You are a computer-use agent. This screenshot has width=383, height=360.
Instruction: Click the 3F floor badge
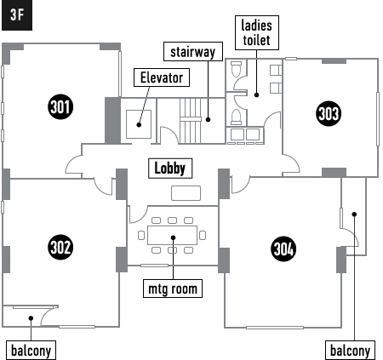17,15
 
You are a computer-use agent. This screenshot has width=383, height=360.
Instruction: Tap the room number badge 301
60,107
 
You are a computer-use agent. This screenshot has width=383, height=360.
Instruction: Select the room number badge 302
60,247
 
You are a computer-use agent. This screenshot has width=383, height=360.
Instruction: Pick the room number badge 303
329,113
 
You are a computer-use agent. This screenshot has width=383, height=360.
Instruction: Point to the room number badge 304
283,249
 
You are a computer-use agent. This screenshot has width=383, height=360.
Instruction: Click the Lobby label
170,169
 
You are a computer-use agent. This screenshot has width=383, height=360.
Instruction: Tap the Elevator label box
162,77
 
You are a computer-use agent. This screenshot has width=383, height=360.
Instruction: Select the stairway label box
193,52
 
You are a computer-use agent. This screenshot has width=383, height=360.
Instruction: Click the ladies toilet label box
257,33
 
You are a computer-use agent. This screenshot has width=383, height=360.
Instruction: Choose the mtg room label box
173,289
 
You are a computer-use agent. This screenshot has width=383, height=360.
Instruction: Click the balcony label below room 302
31,351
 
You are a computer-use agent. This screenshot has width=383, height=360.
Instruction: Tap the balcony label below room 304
351,351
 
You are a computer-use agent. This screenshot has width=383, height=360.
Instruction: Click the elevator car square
139,124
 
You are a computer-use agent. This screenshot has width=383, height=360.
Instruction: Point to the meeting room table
173,235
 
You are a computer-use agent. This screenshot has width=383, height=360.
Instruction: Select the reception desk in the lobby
186,193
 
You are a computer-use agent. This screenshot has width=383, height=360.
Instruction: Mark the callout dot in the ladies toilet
256,95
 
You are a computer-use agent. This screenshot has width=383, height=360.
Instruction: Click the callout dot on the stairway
208,120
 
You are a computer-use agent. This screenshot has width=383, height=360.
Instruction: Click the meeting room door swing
142,218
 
